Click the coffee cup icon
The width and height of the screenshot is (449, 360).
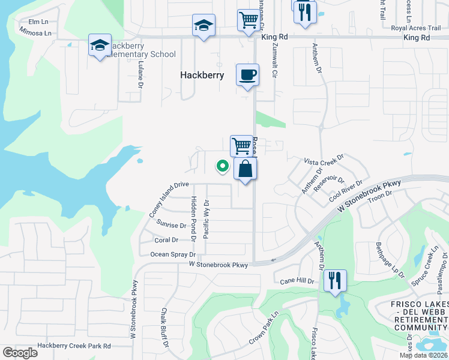coord(247,76)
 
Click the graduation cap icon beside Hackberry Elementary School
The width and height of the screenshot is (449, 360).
coord(100,46)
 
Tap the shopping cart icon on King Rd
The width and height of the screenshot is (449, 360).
coord(248,21)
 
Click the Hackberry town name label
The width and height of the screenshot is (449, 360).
coord(202,76)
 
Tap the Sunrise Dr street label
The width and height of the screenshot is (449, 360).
coord(172,225)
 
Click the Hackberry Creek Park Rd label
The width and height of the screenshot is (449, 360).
coord(74,346)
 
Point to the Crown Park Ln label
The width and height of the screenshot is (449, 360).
coord(265,328)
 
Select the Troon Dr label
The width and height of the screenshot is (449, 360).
coord(381,194)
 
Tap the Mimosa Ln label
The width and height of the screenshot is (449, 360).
coord(35,31)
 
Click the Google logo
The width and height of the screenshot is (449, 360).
coord(20,352)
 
